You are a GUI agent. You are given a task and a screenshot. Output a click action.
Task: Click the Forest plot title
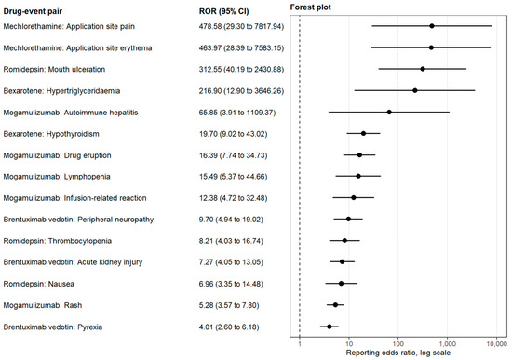click(x=311, y=7)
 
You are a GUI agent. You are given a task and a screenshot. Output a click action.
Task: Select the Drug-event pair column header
click(x=33, y=11)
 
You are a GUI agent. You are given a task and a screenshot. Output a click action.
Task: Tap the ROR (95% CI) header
click(x=224, y=11)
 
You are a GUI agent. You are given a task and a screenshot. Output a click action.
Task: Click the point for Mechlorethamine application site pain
click(x=432, y=26)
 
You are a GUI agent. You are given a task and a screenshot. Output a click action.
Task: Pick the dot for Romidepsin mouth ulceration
click(x=423, y=69)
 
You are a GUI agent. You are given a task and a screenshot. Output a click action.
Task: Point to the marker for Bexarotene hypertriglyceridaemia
click(x=414, y=90)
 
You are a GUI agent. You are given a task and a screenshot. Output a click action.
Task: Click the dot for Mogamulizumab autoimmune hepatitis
click(x=389, y=112)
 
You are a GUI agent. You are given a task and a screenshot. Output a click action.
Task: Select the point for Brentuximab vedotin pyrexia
click(x=330, y=327)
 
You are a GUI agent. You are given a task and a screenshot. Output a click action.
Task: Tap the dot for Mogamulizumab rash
click(x=335, y=305)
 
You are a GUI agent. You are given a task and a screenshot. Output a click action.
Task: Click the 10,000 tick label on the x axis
click(x=496, y=343)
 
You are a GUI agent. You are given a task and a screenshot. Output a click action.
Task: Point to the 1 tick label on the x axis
click(x=300, y=343)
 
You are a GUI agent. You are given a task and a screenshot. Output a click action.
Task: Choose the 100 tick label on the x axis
click(x=398, y=343)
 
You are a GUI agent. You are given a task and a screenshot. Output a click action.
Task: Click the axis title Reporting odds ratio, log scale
click(x=398, y=353)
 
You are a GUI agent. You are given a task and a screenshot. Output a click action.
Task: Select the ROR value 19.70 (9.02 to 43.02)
click(x=233, y=134)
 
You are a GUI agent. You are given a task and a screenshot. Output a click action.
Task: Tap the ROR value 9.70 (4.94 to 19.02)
click(x=231, y=220)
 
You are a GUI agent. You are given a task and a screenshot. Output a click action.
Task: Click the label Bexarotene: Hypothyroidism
click(x=51, y=134)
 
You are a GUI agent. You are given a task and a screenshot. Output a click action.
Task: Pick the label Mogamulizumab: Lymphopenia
click(x=57, y=177)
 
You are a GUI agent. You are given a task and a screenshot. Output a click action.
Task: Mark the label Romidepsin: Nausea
click(x=39, y=284)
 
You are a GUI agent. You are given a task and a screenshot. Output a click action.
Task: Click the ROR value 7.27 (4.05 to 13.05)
click(x=231, y=262)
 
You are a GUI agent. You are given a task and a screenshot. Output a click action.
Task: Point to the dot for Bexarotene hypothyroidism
click(x=363, y=134)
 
